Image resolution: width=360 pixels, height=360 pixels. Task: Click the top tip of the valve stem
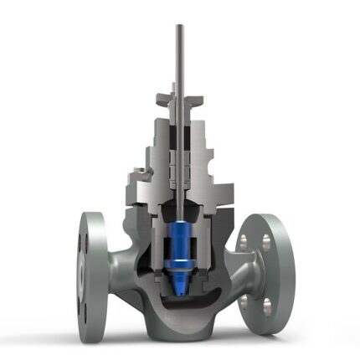click(x=179, y=26)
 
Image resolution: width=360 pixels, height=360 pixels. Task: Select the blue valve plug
click(x=180, y=239)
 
